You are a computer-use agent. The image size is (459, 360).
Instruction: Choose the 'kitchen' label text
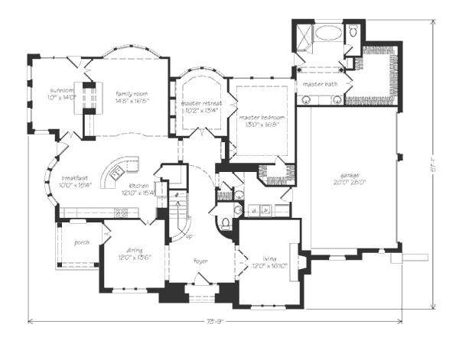pos(138,186)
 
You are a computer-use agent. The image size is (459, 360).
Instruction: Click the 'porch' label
pos(82,242)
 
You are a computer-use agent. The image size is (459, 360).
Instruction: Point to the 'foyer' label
pos(200,262)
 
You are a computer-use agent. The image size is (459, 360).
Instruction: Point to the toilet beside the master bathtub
pos(353,33)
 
